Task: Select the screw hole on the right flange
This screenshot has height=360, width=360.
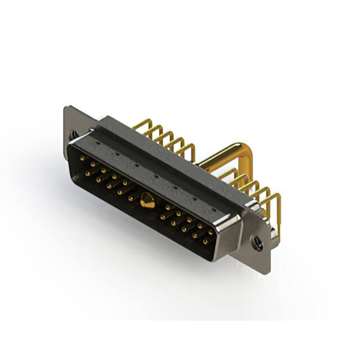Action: click(x=258, y=243)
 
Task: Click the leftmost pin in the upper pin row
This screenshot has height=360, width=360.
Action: click(x=82, y=160)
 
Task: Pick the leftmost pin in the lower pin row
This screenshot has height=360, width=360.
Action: click(x=87, y=174)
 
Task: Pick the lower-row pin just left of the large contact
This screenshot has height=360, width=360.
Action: click(x=131, y=199)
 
